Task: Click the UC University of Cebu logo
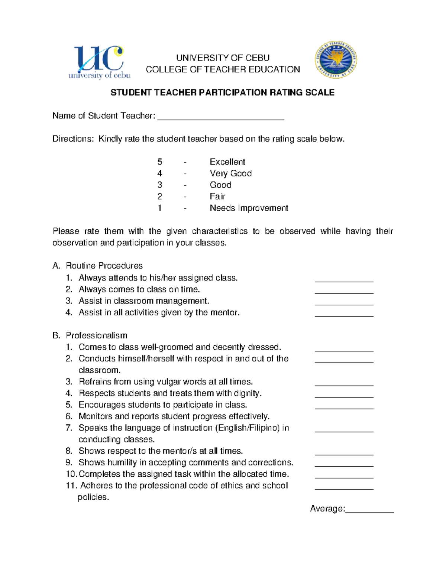click(99, 62)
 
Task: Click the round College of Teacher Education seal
click(336, 60)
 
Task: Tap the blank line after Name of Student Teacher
click(221, 117)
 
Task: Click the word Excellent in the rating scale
click(227, 162)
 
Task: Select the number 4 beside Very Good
click(160, 174)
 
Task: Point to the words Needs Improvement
click(249, 208)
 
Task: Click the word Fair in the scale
click(217, 197)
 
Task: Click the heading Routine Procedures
click(104, 266)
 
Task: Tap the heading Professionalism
click(96, 335)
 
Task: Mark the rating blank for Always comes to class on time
click(344, 291)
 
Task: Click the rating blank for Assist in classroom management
click(344, 302)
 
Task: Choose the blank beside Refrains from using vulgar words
click(344, 383)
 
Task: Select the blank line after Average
click(369, 510)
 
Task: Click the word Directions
click(73, 139)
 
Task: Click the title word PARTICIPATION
click(233, 93)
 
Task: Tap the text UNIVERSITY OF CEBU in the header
click(223, 58)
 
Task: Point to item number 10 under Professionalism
click(71, 474)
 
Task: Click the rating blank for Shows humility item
click(344, 464)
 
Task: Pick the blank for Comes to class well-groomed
click(344, 348)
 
